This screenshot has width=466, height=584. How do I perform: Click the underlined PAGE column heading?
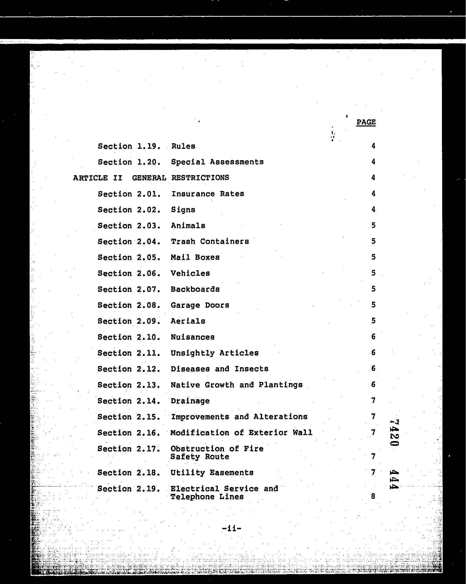pos(366,122)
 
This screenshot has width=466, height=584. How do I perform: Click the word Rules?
pos(183,146)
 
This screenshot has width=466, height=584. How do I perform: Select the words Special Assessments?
pos(217,162)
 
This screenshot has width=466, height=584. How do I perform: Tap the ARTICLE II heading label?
pos(98,178)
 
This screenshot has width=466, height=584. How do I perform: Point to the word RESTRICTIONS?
pos(200,178)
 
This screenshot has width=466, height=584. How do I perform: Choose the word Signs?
pos(183,210)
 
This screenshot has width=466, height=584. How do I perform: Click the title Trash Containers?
pos(210,241)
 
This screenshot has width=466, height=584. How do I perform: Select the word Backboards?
pos(195,289)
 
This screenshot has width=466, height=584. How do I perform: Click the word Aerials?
pos(188,321)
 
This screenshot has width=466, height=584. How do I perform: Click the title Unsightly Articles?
pos(215,353)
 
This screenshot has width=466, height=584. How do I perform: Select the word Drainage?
pos(190,401)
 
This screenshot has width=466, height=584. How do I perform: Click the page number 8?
pos(373,496)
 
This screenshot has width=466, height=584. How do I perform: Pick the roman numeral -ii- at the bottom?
pos(231,528)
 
